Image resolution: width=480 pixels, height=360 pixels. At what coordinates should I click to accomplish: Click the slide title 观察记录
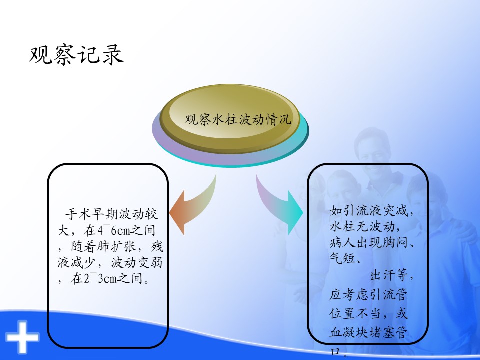pyautogui.click(x=76, y=55)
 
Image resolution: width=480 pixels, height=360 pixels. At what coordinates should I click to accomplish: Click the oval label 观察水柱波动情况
pyautogui.click(x=238, y=119)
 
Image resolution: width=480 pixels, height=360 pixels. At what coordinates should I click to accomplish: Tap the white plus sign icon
pyautogui.click(x=22, y=337)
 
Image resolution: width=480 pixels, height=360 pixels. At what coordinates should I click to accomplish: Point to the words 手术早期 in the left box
pyautogui.click(x=92, y=214)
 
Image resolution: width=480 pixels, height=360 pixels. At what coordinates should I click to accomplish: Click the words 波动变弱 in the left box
pyautogui.click(x=137, y=262)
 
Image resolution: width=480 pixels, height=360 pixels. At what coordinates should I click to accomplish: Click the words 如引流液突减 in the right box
pyautogui.click(x=369, y=210)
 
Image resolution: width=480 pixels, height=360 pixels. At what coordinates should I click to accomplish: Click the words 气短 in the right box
pyautogui.click(x=342, y=258)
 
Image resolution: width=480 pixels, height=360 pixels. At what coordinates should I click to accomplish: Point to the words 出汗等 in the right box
pyautogui.click(x=389, y=275)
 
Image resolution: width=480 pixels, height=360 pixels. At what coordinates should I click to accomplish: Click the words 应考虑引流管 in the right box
pyautogui.click(x=368, y=294)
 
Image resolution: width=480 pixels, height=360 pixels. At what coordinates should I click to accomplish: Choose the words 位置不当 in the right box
pyautogui.click(x=355, y=313)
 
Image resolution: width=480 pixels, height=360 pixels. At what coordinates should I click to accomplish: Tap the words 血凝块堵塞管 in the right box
pyautogui.click(x=368, y=332)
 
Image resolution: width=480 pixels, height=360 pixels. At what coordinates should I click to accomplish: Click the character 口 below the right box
pyautogui.click(x=336, y=351)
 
